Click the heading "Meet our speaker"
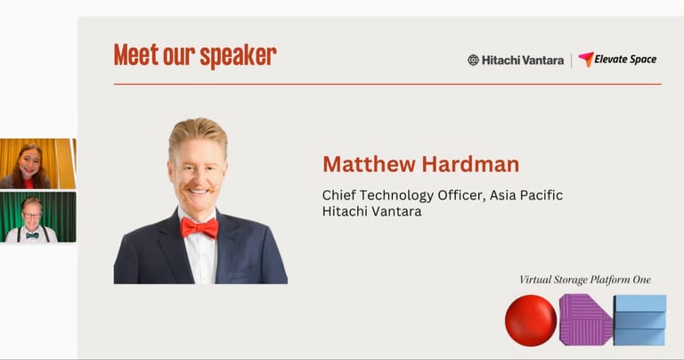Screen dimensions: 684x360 195,55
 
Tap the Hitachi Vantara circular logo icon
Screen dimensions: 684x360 473,61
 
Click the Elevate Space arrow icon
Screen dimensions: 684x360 586,59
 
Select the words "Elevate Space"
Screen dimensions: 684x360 625,60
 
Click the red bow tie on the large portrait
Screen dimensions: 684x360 199,228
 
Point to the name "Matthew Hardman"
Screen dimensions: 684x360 421,165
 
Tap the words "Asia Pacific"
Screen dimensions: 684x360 526,194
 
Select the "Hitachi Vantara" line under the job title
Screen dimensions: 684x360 371,212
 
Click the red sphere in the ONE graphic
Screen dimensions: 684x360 531,320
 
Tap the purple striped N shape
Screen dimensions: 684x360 586,320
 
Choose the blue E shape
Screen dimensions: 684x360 640,320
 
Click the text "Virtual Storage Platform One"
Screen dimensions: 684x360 585,280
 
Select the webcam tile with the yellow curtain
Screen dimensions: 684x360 38,164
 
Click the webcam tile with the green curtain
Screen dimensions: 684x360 38,217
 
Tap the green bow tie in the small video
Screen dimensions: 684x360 32,235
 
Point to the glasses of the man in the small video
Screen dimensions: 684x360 31,216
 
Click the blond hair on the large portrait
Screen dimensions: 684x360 198,133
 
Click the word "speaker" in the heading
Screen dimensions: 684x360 238,56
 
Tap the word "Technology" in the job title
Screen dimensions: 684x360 396,195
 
